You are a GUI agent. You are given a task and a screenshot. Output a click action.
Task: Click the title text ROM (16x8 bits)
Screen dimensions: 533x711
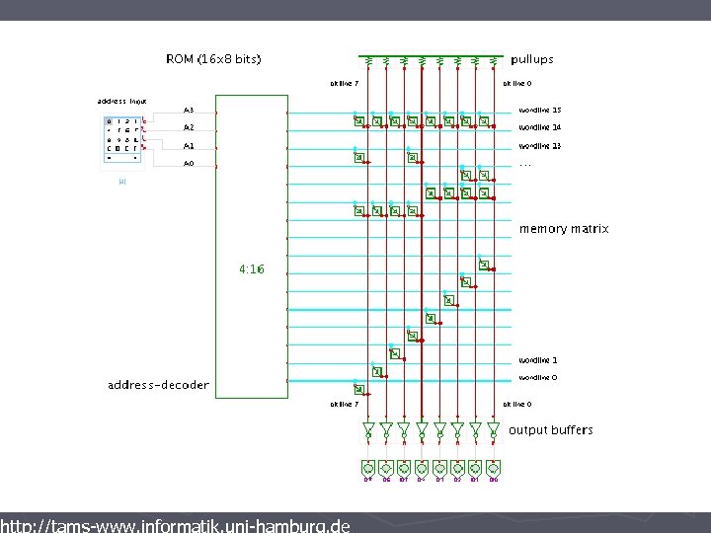[213, 59]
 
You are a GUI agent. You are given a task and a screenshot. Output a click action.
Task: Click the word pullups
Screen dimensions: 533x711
[532, 59]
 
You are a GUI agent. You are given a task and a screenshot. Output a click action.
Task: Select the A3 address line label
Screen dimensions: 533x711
[189, 110]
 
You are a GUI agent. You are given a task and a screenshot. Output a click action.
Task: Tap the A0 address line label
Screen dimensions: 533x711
[189, 164]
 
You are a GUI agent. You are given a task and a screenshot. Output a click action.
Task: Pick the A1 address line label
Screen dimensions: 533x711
[189, 146]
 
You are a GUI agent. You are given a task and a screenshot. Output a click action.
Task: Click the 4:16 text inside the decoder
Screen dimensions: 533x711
[252, 268]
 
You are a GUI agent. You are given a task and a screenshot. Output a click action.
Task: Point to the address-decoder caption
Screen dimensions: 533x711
[158, 385]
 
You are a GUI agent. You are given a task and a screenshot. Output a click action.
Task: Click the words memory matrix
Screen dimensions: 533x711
[564, 229]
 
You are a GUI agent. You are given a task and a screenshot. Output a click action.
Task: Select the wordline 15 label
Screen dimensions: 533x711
[540, 110]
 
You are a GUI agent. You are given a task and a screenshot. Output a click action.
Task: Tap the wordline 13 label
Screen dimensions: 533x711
[540, 146]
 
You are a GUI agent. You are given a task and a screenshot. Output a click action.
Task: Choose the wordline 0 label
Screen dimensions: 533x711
[538, 378]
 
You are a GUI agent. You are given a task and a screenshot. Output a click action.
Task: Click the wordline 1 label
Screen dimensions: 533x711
[538, 360]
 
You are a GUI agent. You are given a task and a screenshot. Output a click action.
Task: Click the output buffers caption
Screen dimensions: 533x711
[551, 430]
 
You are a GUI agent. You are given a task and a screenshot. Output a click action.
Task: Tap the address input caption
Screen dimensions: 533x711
[121, 101]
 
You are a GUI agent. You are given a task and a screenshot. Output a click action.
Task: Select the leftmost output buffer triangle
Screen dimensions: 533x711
[368, 430]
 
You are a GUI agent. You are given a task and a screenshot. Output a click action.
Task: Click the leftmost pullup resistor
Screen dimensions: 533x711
[368, 63]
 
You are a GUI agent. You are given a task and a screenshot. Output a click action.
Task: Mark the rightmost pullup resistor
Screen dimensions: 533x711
[493, 63]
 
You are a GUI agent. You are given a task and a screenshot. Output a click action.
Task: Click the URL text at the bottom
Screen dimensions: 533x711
[175, 525]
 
